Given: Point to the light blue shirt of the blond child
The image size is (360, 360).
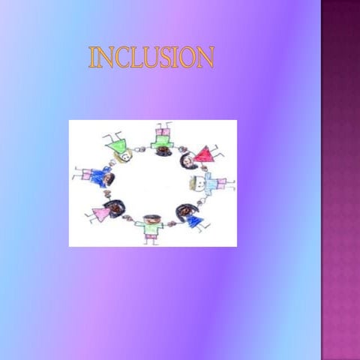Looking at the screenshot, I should [x=210, y=182].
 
